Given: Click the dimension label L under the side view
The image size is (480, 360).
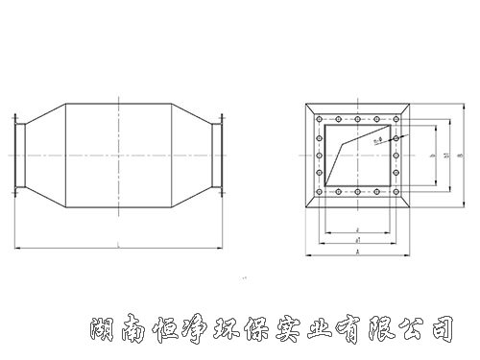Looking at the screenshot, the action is pyautogui.click(x=116, y=245).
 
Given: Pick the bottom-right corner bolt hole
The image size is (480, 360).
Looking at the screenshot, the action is pyautogui.click(x=394, y=192).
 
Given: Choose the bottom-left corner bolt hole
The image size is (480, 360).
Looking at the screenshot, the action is pyautogui.click(x=321, y=192).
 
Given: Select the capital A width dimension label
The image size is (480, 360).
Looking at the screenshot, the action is pyautogui.click(x=357, y=251).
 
